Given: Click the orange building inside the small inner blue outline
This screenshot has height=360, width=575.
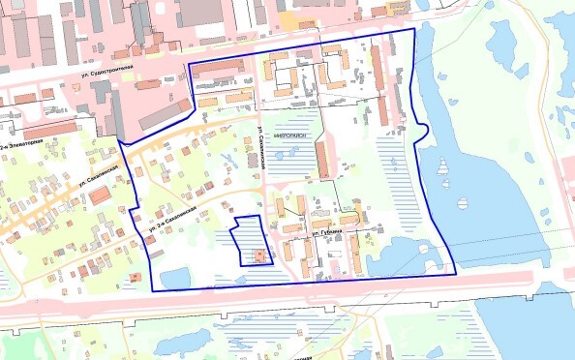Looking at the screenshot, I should click(x=258, y=255).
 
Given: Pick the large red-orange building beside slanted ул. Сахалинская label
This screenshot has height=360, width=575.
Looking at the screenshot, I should click(x=100, y=195).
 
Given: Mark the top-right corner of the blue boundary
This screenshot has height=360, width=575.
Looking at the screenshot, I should click(x=413, y=29).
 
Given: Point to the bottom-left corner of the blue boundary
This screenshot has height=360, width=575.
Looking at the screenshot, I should click(x=152, y=290).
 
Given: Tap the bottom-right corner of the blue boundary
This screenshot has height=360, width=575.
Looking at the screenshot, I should click(x=455, y=274).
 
